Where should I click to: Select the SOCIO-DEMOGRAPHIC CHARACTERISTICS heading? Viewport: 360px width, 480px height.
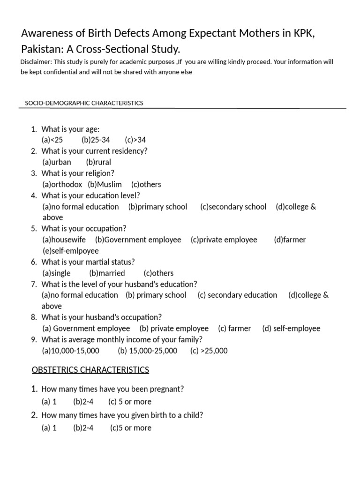pos(84,103)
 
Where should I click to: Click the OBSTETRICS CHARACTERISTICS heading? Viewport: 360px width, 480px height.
pos(90,370)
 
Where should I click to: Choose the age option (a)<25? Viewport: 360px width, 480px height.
pos(52,140)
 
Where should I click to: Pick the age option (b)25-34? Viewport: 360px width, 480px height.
pos(96,140)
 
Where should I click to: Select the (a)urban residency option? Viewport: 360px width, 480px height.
pos(57,162)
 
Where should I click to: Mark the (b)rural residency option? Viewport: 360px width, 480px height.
pos(98,162)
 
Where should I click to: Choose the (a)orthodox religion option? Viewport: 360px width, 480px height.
pos(62,185)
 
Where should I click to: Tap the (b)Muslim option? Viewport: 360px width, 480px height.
pos(105,185)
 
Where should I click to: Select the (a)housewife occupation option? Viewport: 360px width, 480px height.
pos(64,240)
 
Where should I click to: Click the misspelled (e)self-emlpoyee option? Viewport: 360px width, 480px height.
pos(71,251)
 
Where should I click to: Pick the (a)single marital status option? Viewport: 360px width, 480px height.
pos(57,273)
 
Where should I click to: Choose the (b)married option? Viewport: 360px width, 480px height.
pos(107,273)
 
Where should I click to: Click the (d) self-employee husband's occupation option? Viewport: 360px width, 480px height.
pos(291,329)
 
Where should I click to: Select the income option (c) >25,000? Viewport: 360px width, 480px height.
pos(209,351)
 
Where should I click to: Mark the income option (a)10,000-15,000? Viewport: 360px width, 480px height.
pos(71,351)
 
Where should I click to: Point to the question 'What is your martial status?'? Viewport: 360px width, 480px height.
pos(88,262)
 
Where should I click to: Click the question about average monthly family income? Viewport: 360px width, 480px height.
pos(122,340)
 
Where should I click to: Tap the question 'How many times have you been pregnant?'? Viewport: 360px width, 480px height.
pos(112,389)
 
